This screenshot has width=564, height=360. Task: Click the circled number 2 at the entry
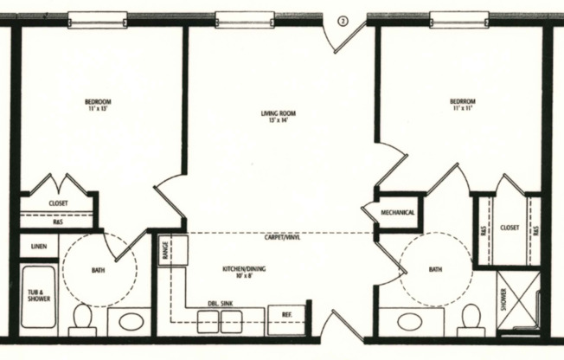point(342,23)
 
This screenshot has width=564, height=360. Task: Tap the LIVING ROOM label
point(279,113)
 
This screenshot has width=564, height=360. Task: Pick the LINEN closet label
point(39,247)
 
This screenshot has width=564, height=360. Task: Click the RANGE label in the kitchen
point(164,250)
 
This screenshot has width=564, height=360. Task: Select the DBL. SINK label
point(221,303)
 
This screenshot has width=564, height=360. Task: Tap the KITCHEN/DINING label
point(243,273)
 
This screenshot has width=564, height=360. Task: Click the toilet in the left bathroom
point(83,318)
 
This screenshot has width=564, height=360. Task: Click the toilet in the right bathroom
point(471,318)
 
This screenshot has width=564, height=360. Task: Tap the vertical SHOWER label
point(503,299)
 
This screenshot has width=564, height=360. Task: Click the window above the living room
point(239,19)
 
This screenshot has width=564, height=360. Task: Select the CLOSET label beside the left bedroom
point(59,203)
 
